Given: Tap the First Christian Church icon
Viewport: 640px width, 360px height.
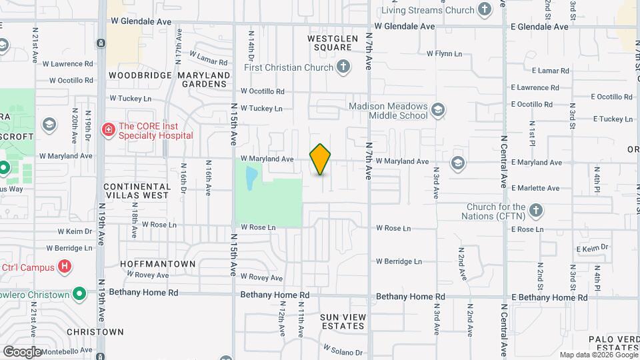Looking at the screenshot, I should tap(343, 67).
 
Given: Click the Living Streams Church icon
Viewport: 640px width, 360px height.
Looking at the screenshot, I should tap(485, 10).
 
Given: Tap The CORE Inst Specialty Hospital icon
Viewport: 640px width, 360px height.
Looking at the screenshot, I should tap(107, 129).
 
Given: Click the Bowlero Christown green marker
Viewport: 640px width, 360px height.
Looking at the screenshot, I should tap(79, 294).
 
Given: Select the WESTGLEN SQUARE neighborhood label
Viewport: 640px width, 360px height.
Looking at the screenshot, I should tap(329, 43).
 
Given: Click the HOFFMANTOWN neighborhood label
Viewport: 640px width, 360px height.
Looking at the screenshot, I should tap(158, 264).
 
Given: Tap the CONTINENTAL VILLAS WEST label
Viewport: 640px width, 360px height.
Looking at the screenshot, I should tap(136, 191).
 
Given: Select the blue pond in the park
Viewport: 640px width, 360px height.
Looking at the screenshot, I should tap(251, 177).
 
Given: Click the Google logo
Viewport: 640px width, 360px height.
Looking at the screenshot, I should tap(22, 351).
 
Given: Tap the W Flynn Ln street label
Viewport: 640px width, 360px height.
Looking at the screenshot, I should tap(444, 53).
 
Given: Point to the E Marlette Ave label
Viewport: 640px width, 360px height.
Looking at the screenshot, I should tap(536, 188).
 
